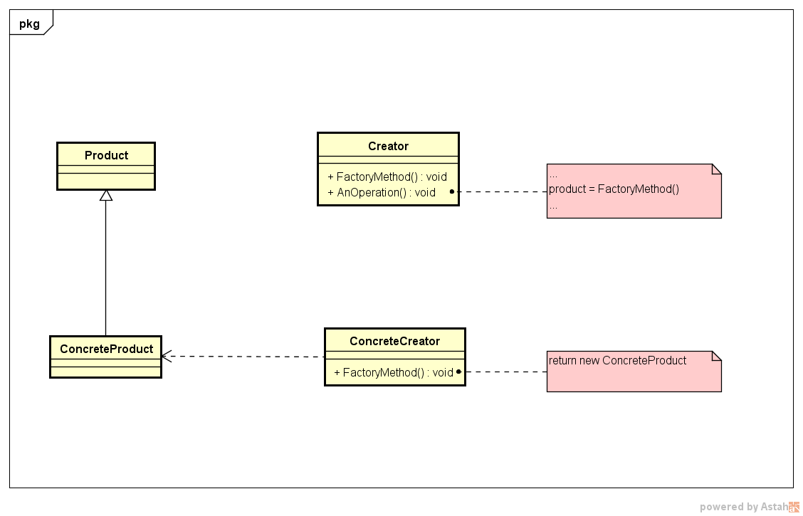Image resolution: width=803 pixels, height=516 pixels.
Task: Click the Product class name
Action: point(106,155)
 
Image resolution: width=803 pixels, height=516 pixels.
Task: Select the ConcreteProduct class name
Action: point(106,349)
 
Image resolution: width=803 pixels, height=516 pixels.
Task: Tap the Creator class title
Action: point(388,146)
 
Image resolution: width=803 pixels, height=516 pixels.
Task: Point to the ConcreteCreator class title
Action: point(394,341)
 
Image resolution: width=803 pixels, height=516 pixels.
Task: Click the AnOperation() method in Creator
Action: point(382,192)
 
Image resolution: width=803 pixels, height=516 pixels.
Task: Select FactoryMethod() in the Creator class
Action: point(387,177)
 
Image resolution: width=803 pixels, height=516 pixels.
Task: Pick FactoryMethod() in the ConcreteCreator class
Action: point(394,372)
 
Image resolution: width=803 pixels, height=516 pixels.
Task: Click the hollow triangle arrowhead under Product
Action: point(106,196)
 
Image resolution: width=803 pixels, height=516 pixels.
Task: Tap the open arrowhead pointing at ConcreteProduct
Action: point(167,357)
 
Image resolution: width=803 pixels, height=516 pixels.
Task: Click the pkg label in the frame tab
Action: point(29,23)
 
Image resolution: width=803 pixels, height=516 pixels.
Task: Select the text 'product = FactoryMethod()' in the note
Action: point(614,189)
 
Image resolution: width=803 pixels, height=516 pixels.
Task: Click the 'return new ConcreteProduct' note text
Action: point(617,360)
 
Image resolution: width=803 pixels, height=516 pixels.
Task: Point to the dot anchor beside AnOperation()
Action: point(452,191)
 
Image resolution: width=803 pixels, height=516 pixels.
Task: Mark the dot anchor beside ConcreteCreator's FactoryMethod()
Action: point(459,372)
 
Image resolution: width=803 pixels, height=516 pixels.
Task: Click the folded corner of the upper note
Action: point(716,169)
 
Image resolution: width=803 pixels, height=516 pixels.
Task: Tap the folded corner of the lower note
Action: point(716,356)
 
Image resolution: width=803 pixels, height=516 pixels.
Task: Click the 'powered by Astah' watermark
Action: point(747,507)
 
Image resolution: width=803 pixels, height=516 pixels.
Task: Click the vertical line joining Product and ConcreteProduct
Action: point(106,270)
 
